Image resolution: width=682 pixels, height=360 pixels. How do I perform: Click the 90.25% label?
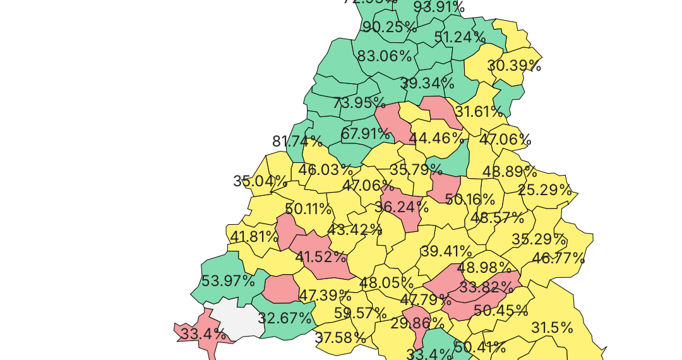(x=390, y=27)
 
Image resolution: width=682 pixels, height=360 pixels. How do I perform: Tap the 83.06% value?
(x=385, y=56)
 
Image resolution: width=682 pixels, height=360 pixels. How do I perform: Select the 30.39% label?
(x=514, y=66)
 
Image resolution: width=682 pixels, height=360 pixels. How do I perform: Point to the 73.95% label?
(x=359, y=102)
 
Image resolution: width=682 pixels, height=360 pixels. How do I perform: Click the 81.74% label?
(x=297, y=141)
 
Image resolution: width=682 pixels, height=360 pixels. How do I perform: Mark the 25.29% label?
(x=545, y=190)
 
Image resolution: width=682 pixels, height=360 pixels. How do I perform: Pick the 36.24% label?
(x=402, y=207)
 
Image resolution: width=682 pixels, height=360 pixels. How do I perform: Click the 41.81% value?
(x=254, y=237)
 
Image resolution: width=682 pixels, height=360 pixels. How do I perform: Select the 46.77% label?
(x=558, y=258)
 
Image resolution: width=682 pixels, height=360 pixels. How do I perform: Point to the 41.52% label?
(x=321, y=257)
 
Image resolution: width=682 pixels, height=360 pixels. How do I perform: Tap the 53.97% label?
(x=227, y=281)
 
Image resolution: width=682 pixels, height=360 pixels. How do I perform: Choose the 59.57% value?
(x=360, y=313)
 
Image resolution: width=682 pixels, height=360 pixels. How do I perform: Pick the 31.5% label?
(x=552, y=328)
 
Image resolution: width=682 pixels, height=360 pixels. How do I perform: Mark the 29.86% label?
(x=417, y=324)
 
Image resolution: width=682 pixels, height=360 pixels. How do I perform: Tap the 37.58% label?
(x=340, y=338)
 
